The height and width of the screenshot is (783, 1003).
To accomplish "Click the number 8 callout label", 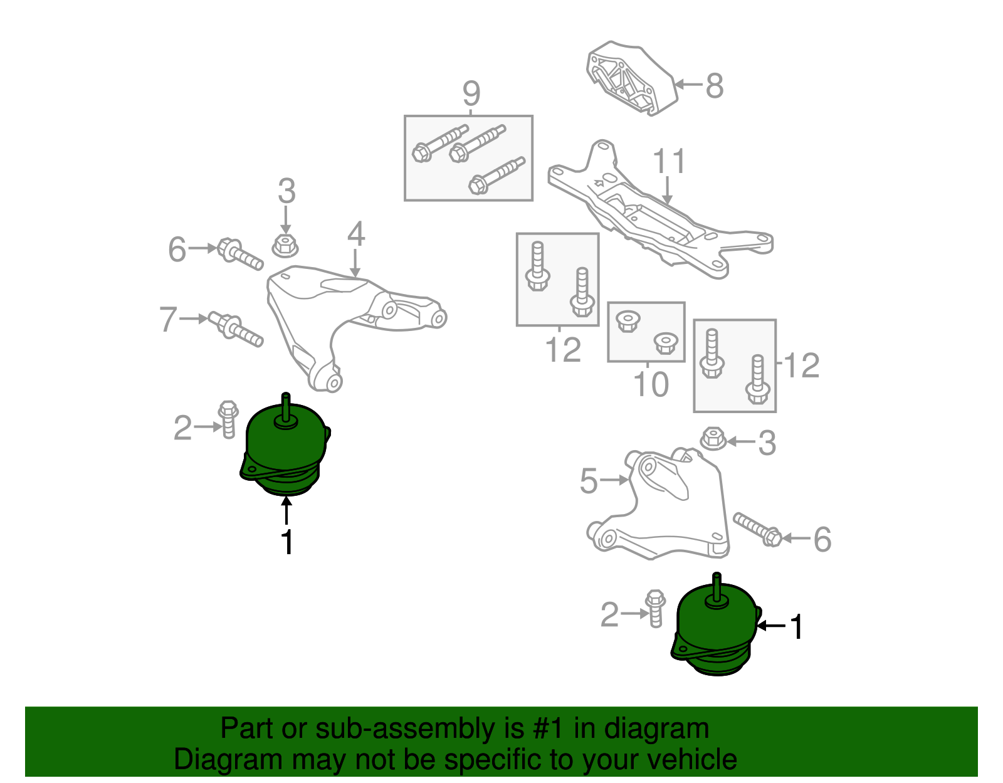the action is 714,86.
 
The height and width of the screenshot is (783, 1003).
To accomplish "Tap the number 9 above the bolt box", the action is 471,93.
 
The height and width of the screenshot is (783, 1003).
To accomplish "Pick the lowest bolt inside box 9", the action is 496,176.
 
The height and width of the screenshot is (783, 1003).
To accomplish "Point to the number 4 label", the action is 356,234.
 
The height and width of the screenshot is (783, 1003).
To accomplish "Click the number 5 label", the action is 589,481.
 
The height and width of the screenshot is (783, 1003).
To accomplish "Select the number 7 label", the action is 168,319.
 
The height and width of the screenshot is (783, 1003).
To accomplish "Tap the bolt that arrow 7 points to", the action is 236,329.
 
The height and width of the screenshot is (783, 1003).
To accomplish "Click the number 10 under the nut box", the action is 651,384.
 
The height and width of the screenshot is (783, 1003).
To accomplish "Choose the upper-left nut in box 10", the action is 628,321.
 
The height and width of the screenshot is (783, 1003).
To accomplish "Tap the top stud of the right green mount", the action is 717,588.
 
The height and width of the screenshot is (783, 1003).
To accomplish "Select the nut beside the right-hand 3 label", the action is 713,438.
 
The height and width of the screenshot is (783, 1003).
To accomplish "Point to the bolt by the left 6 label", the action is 239,255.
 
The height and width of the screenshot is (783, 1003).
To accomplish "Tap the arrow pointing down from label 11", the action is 667,190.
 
